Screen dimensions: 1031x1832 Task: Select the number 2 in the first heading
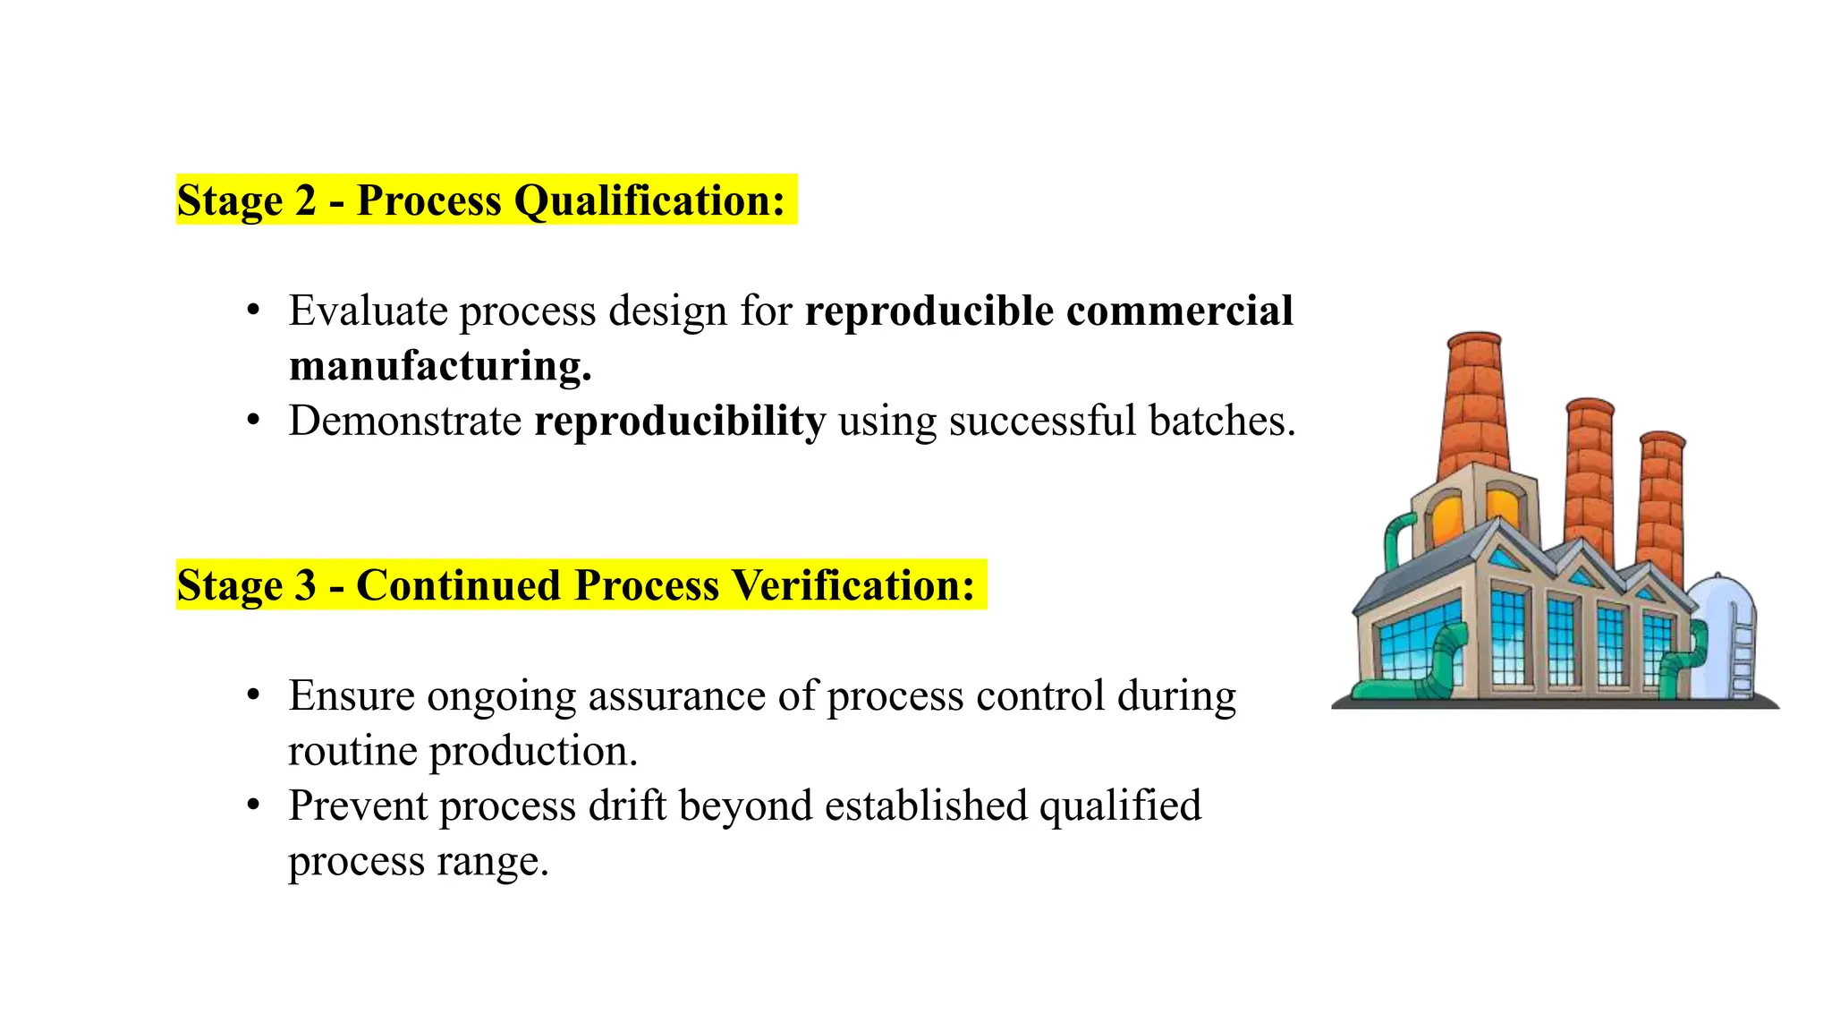(x=305, y=200)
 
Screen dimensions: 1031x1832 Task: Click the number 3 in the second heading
(x=305, y=585)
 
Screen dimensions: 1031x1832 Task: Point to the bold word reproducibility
(x=680, y=421)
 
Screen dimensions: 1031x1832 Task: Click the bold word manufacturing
(x=440, y=366)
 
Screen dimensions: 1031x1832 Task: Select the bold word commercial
(x=1180, y=311)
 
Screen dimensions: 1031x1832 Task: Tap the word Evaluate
(x=368, y=311)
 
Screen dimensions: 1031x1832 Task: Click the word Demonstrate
(x=405, y=421)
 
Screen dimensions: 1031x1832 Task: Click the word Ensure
(x=352, y=695)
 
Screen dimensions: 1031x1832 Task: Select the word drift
(x=627, y=805)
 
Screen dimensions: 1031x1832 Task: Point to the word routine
(x=352, y=751)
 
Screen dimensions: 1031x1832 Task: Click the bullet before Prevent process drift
(x=254, y=805)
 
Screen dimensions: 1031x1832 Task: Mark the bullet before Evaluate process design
(x=254, y=311)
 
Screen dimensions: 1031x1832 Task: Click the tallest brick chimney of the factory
(x=1472, y=403)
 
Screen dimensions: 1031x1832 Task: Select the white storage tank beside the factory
(x=1725, y=635)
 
